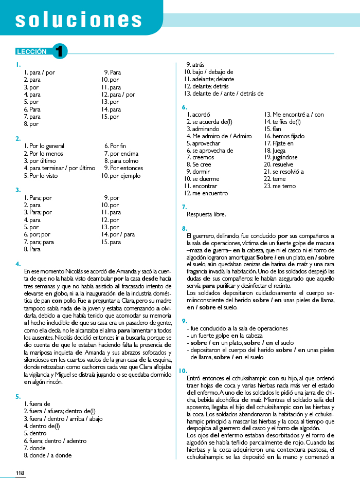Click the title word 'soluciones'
pos(79,20)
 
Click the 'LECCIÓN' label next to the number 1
pos(32,51)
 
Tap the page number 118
pos(20,473)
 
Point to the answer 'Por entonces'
pos(127,168)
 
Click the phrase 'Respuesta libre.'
pos(206,214)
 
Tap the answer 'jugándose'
pos(278,157)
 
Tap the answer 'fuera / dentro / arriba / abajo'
pos(66,419)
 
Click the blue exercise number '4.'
pos(18,264)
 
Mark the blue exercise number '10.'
pos(183,371)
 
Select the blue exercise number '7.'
pos(184,207)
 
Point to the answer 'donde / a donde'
pos(50,455)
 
